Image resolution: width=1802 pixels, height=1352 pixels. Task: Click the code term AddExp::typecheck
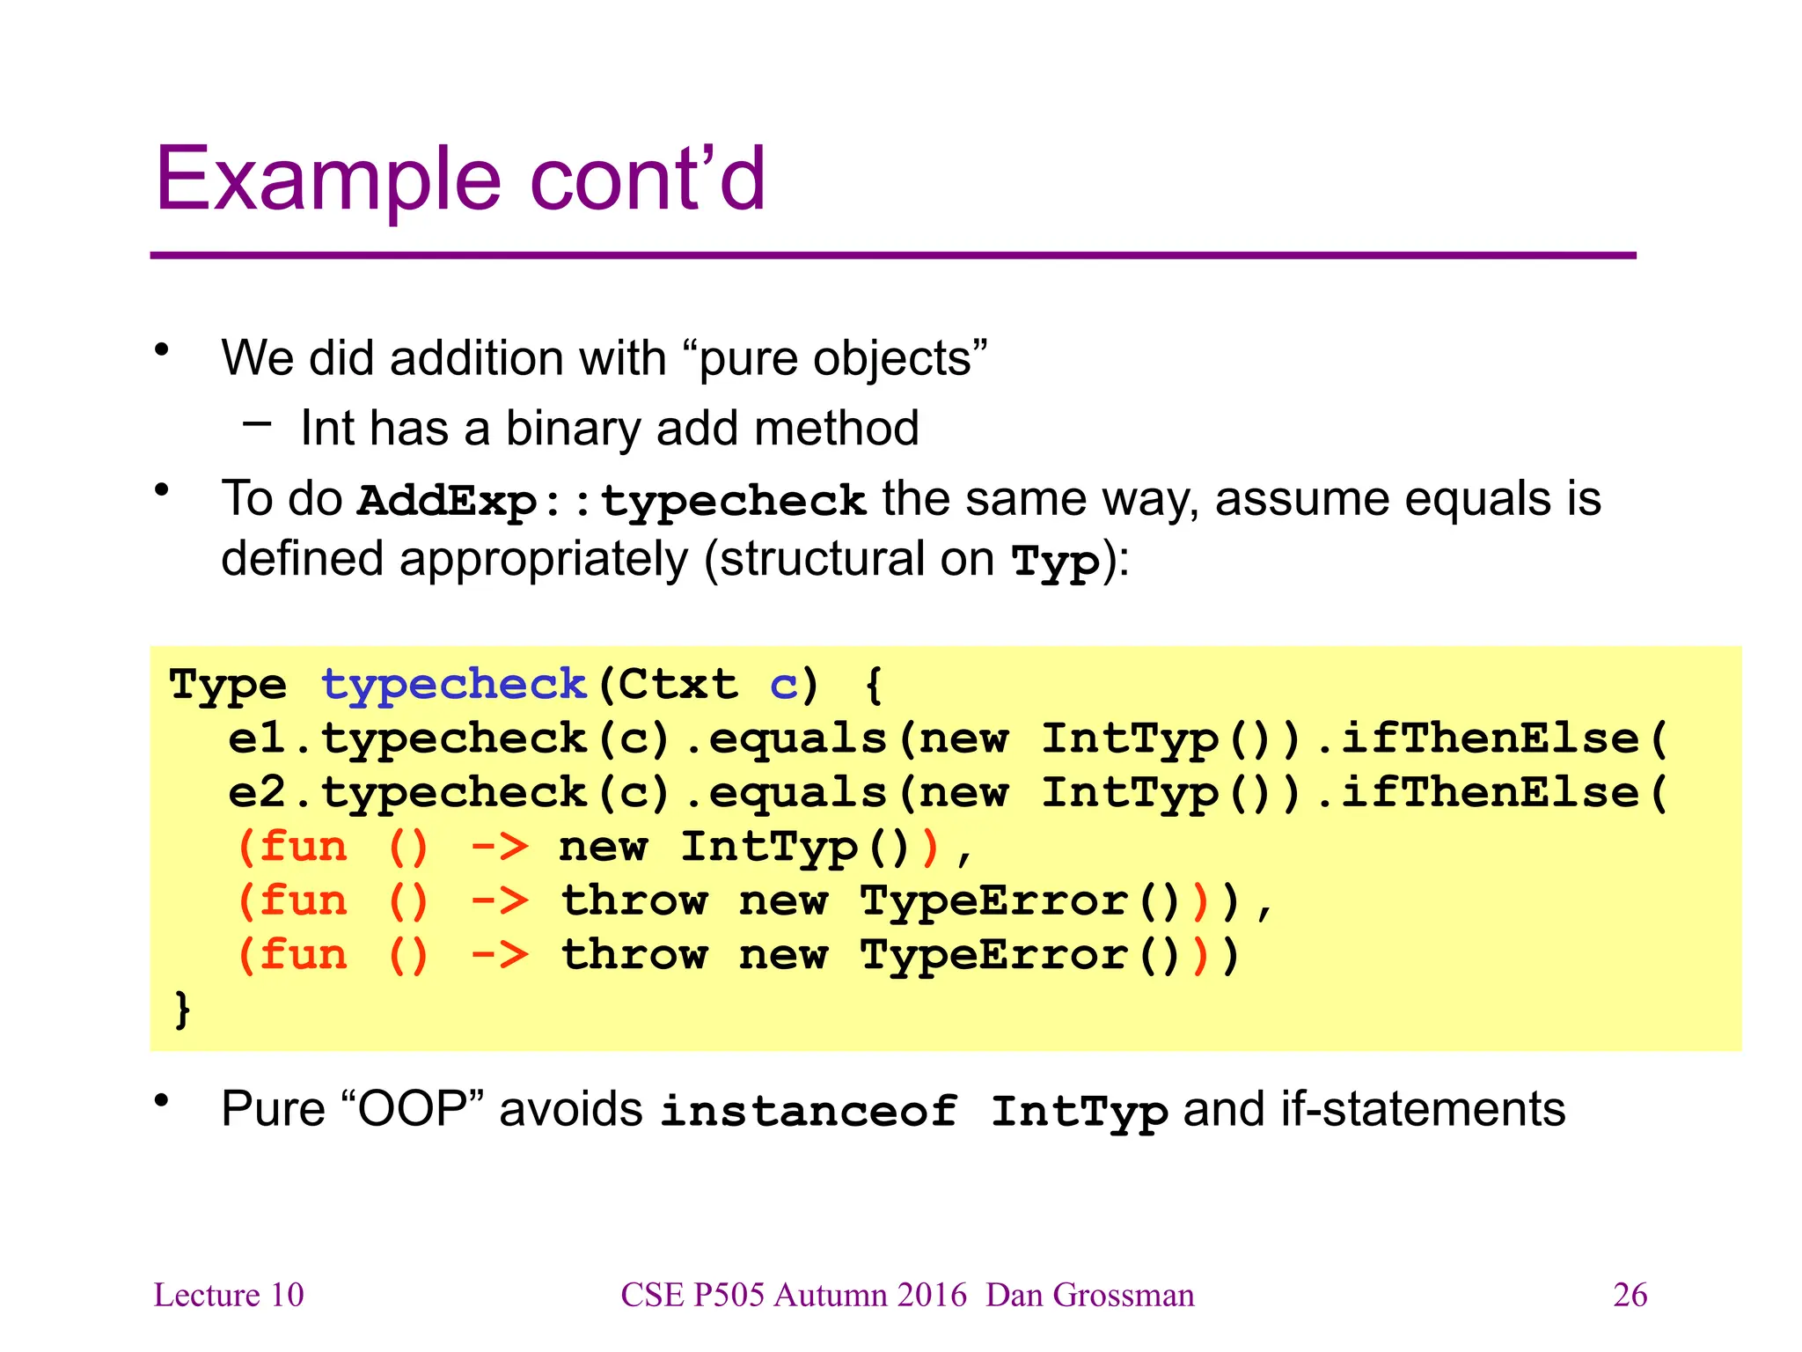612,501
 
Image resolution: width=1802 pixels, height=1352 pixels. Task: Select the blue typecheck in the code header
453,684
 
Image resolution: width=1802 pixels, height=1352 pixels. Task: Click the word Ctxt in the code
678,684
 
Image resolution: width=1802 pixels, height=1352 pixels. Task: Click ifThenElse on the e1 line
1490,738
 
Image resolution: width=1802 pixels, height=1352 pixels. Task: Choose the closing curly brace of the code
182,1009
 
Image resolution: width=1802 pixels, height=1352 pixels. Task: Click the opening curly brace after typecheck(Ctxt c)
873,685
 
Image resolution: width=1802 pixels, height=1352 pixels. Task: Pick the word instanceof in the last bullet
809,1110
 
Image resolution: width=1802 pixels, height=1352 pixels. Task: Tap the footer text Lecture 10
229,1295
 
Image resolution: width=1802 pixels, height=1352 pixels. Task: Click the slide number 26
1630,1295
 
